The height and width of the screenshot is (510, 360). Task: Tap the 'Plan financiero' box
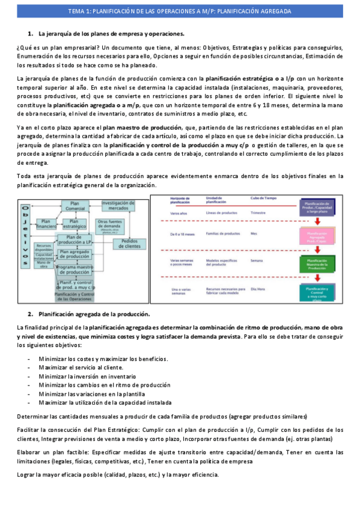(45, 224)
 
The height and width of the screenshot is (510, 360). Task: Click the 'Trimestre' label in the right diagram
(258, 214)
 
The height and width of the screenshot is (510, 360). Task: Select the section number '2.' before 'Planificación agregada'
(31, 314)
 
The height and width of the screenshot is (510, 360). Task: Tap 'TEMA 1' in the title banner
(79, 11)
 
